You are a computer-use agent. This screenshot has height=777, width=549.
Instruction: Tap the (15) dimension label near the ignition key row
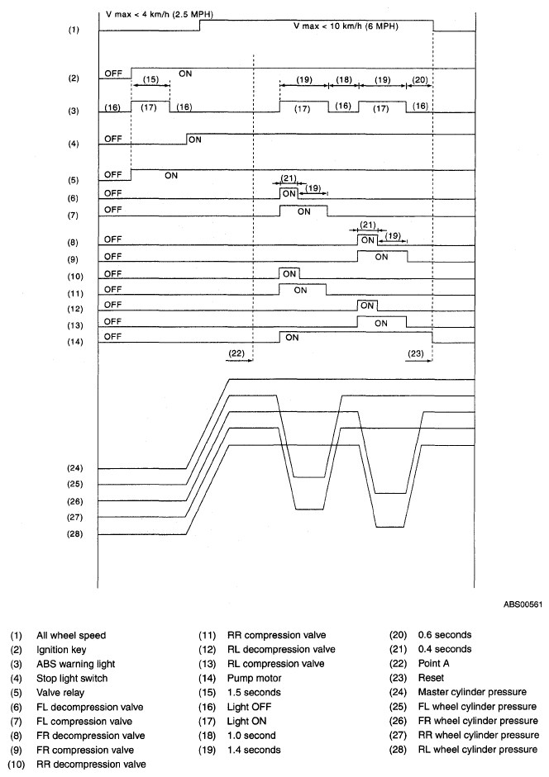[150, 79]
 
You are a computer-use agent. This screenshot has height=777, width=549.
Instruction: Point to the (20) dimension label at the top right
[419, 79]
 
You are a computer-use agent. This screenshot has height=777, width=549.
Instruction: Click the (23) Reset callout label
[415, 353]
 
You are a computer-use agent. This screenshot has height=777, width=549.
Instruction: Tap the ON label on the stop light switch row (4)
[195, 140]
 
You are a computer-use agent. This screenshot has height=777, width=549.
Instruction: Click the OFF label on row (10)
[112, 273]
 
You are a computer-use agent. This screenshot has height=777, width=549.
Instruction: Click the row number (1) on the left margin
[74, 30]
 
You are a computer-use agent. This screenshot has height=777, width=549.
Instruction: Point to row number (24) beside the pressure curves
[74, 468]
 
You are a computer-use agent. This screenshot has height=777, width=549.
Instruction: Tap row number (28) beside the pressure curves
[74, 534]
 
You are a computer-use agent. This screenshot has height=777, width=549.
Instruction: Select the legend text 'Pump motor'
[251, 678]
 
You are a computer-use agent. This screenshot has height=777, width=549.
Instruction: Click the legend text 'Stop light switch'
[70, 678]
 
